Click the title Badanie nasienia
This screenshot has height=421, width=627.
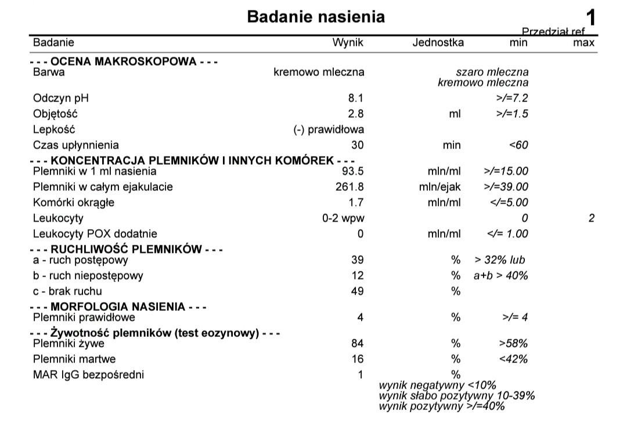[x=316, y=16]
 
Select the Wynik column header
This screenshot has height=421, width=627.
[x=347, y=42]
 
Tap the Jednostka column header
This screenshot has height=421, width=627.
[x=438, y=42]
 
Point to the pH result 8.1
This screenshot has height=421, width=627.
[x=356, y=98]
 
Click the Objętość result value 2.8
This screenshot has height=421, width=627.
[x=356, y=114]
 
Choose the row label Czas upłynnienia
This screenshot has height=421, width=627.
[x=75, y=145]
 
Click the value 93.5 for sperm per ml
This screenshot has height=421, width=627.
[x=353, y=171]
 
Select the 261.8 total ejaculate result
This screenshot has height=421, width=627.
[x=351, y=187]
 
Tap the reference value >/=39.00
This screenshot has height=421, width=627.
[x=505, y=187]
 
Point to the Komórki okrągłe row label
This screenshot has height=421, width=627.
[x=74, y=202]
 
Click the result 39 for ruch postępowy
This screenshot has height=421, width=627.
[x=358, y=260]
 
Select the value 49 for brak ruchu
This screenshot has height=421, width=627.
[x=358, y=291]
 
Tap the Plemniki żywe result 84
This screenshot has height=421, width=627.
[x=358, y=343]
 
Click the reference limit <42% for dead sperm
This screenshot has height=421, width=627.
[x=513, y=359]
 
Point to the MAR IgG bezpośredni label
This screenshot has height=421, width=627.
[x=88, y=375]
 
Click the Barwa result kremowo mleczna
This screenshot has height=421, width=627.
[x=319, y=72]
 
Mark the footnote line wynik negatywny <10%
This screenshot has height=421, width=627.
[x=438, y=386]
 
